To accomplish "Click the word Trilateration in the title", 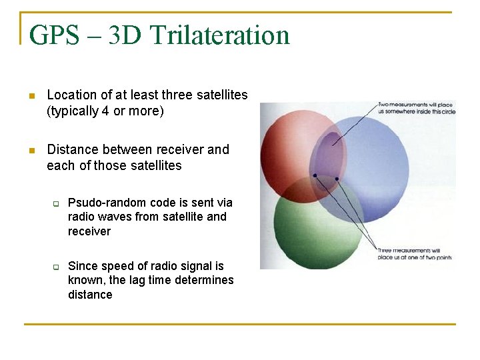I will (x=220, y=35).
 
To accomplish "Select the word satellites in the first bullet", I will (x=222, y=95).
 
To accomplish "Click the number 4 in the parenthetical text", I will (x=105, y=111).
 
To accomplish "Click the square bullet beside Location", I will (x=31, y=96).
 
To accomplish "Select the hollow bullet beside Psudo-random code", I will (x=57, y=203).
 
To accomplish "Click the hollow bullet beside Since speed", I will (x=57, y=267).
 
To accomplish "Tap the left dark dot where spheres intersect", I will (x=315, y=175).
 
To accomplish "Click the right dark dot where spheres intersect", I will (x=337, y=179).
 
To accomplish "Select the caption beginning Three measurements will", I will (x=414, y=254).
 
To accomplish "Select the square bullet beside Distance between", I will (x=31, y=150).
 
